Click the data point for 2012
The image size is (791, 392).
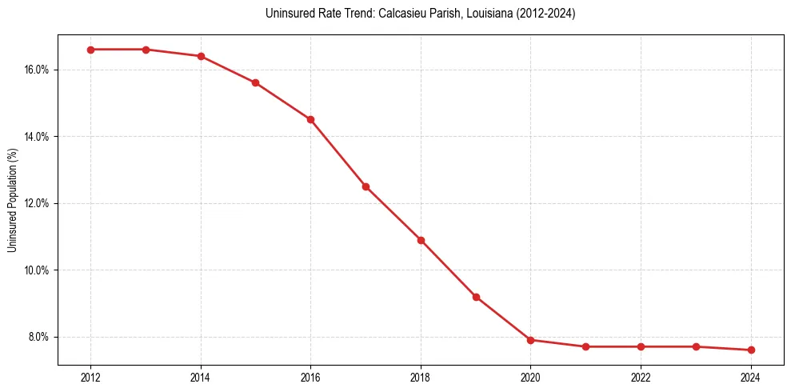[x=90, y=50]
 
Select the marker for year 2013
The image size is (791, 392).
[x=146, y=50]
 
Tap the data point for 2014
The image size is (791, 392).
[x=201, y=56]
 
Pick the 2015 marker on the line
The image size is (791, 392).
[x=255, y=82]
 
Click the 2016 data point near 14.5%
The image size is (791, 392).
[x=310, y=119]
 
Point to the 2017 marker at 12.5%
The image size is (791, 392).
[x=366, y=186]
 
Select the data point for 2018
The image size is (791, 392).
[x=421, y=240]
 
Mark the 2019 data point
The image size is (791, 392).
[x=476, y=297]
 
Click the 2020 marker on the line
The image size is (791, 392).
[x=531, y=340]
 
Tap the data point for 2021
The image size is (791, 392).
[x=585, y=346]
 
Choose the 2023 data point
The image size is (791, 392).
[x=696, y=346]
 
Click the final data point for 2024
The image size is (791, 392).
[x=751, y=350]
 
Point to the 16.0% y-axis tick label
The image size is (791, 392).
[x=37, y=70]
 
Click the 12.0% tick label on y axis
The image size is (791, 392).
[x=37, y=203]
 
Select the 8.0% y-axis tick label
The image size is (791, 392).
[x=39, y=337]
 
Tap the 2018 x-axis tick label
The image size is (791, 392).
[x=421, y=378]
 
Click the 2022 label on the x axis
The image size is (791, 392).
[x=641, y=378]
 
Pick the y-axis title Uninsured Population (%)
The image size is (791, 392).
[x=13, y=199]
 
